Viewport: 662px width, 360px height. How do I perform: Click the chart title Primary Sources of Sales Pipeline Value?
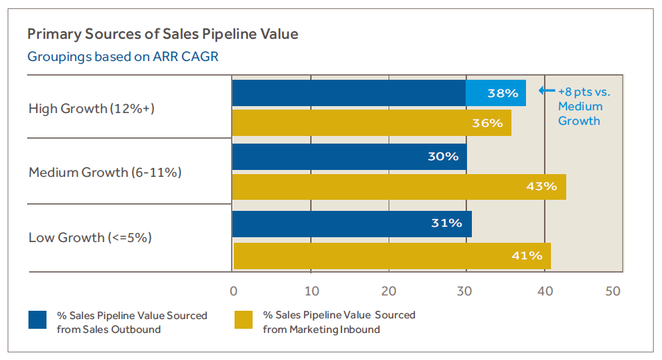point(163,33)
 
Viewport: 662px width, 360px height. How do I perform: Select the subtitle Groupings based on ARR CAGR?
point(123,56)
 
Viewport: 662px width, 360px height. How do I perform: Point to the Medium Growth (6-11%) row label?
point(105,172)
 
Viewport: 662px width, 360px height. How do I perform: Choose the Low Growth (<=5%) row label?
point(90,237)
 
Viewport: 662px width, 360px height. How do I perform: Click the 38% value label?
point(502,93)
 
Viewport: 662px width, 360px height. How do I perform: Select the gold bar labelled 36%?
point(371,123)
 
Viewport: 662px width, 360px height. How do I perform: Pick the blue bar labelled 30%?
point(349,157)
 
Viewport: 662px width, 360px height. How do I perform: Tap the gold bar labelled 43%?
point(399,187)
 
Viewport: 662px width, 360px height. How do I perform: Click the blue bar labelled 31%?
point(352,223)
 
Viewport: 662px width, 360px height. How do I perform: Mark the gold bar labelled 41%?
point(392,256)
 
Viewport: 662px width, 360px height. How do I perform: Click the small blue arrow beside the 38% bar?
point(547,91)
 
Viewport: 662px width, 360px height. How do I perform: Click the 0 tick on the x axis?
point(233,291)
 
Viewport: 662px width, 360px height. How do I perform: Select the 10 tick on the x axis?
point(312,291)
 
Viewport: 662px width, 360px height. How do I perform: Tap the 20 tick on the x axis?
point(389,291)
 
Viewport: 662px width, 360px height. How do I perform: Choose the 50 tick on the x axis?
point(613,291)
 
